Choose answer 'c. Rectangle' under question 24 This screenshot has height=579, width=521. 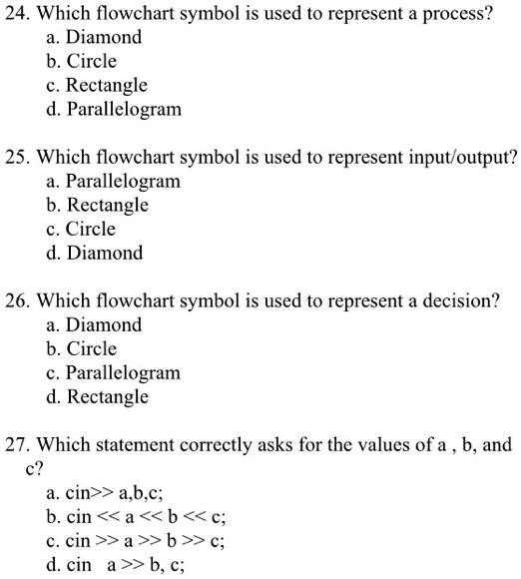pos(97,86)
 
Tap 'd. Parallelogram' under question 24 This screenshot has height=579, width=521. pos(114,110)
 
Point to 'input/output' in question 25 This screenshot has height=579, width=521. pos(469,158)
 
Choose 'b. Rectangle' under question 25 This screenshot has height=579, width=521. pos(97,206)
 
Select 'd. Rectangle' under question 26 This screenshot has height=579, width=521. pos(97,397)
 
